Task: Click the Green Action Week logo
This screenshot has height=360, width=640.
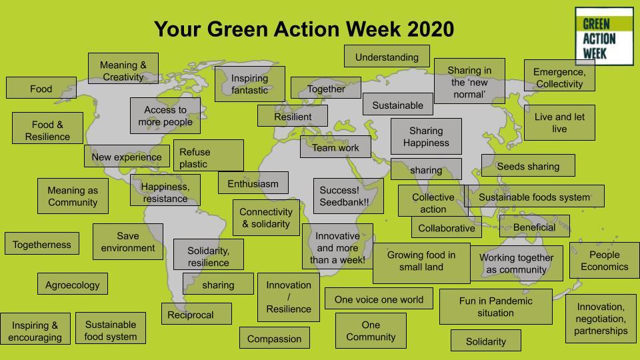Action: (603, 37)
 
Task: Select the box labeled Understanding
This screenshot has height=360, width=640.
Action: (387, 57)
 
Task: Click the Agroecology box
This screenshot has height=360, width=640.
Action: (72, 285)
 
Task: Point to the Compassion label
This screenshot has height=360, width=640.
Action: (274, 339)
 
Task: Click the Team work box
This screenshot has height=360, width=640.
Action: (335, 147)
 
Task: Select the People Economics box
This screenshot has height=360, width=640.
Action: (604, 260)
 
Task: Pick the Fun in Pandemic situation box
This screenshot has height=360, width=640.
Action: (495, 307)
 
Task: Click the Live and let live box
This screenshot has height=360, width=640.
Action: (559, 123)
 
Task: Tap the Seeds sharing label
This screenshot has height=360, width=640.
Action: (528, 166)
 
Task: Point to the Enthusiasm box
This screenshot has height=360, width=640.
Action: (253, 183)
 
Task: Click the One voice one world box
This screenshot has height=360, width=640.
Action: (379, 299)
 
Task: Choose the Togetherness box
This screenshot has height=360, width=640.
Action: (41, 245)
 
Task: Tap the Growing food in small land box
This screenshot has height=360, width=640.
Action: (421, 261)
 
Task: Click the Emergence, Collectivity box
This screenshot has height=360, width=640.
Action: (559, 77)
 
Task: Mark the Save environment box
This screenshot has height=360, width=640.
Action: (127, 241)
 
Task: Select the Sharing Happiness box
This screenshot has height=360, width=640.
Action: (426, 137)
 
